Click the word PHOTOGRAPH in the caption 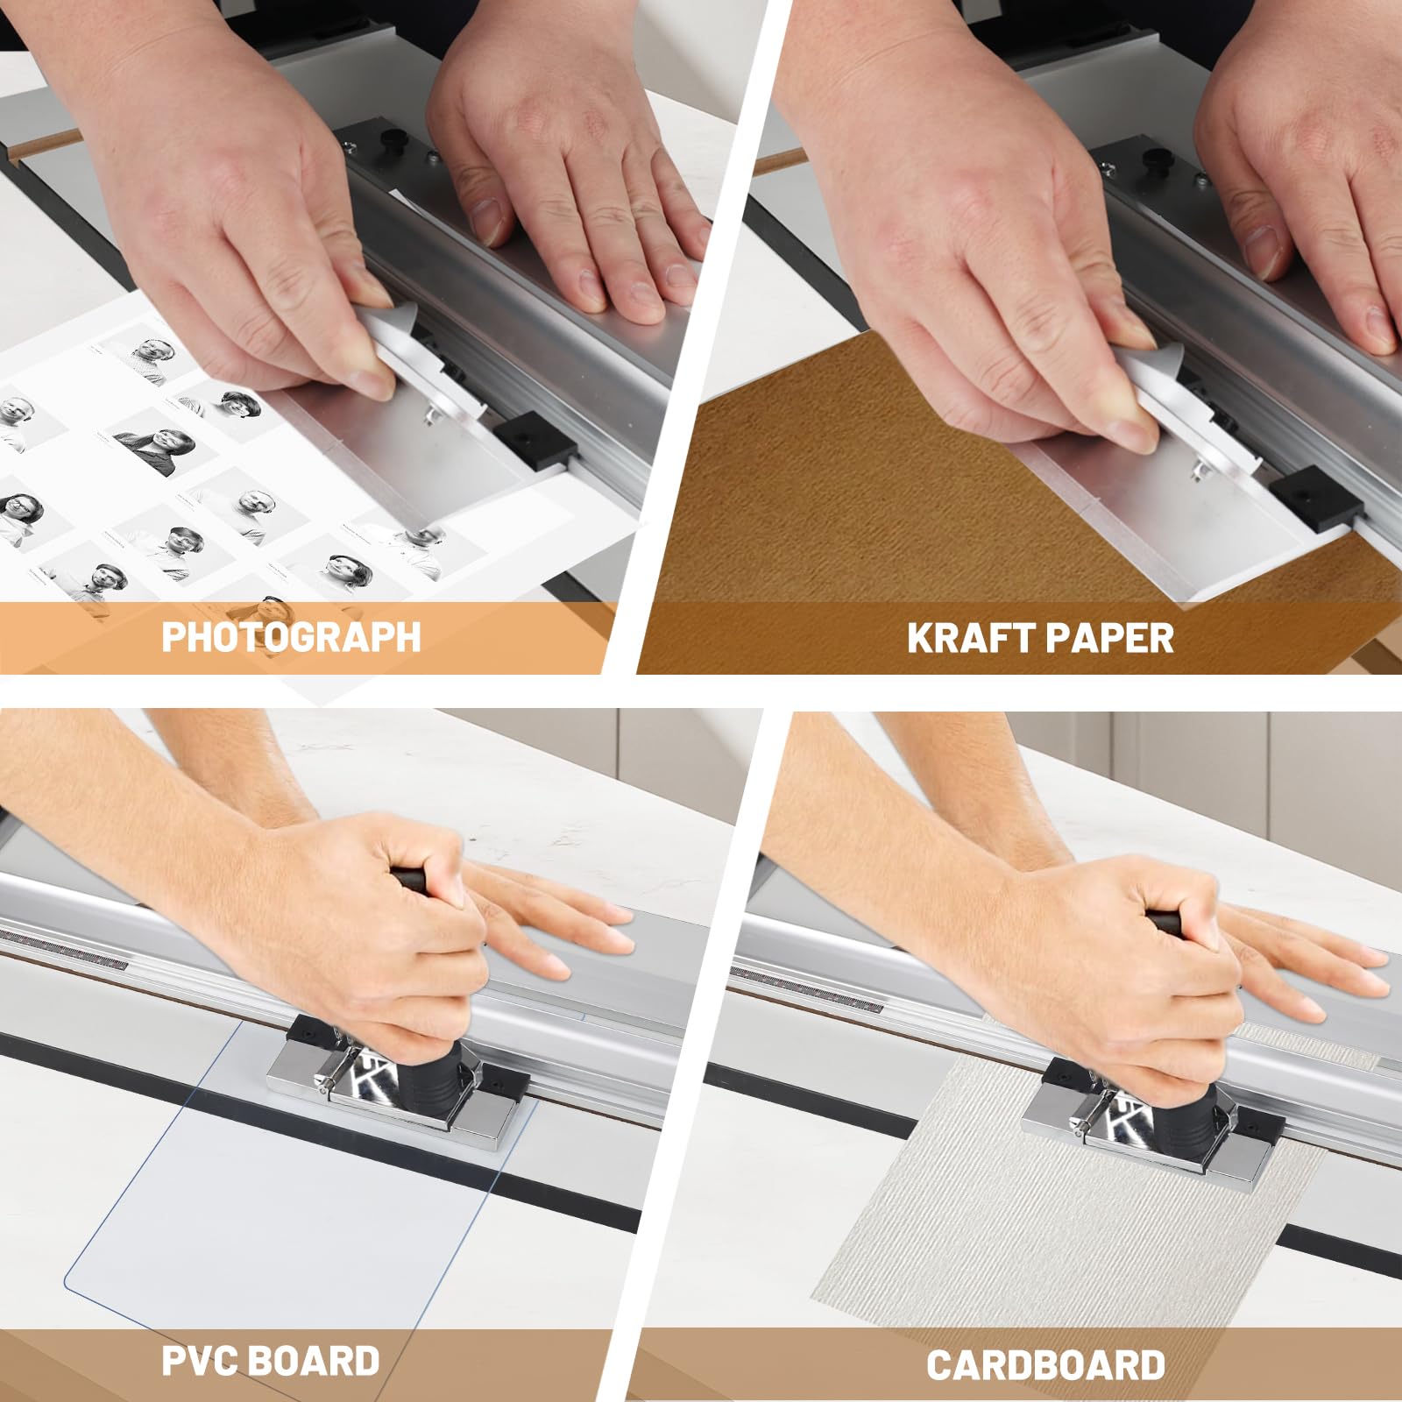click(x=291, y=637)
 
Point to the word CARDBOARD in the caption click(x=1045, y=1365)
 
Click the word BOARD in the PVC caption click(x=314, y=1361)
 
